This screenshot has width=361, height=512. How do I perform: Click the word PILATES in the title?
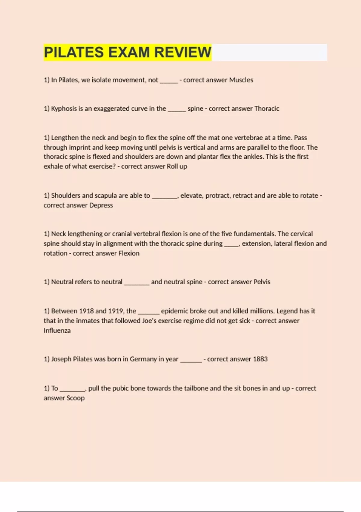pyautogui.click(x=74, y=52)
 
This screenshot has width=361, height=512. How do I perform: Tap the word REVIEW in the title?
pyautogui.click(x=183, y=52)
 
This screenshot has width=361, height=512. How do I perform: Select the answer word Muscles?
pyautogui.click(x=241, y=80)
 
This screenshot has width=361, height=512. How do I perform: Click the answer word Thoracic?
pyautogui.click(x=267, y=108)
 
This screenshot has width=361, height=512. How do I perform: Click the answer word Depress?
pyautogui.click(x=101, y=205)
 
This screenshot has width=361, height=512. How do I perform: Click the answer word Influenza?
pyautogui.click(x=57, y=330)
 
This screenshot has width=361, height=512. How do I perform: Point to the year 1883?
pyautogui.click(x=260, y=359)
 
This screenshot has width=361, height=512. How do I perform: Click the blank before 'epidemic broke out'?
pyautogui.click(x=148, y=312)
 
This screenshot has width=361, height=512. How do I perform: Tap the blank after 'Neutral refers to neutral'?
pyautogui.click(x=137, y=283)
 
